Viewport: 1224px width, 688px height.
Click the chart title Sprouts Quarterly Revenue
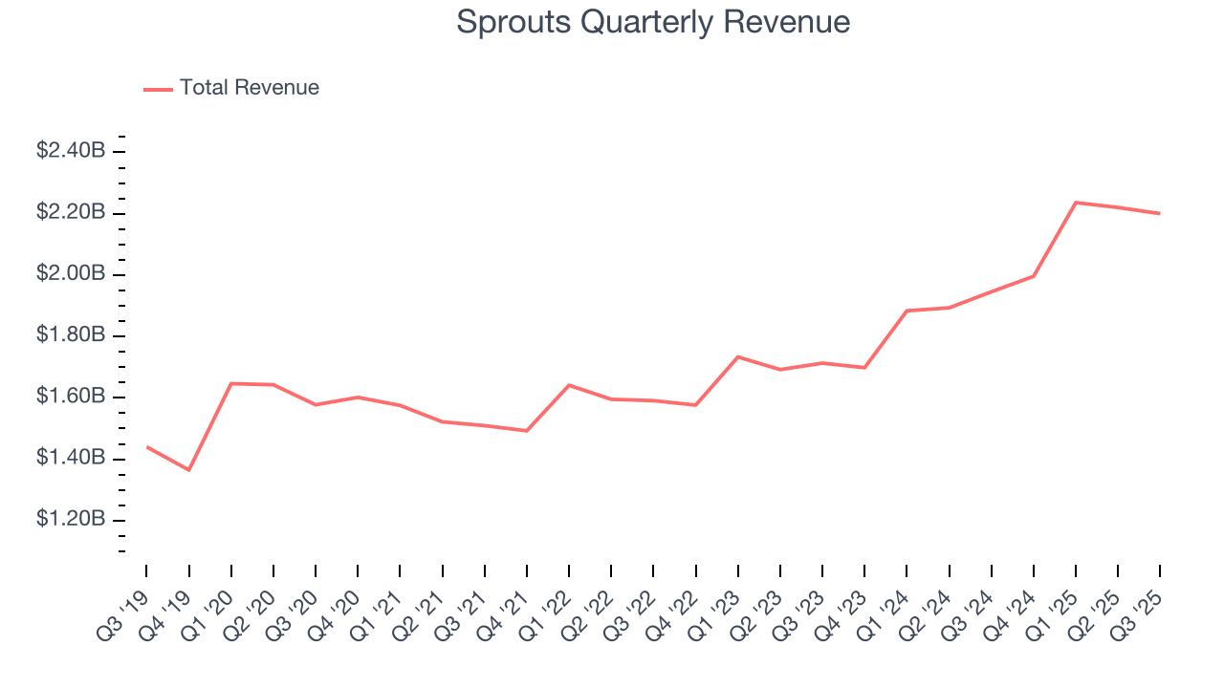coord(653,22)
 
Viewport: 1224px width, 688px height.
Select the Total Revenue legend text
coord(249,88)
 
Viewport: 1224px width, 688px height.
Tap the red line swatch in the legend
coord(158,89)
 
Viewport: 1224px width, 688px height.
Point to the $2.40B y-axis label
coord(71,151)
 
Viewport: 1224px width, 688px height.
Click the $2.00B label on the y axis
coord(71,274)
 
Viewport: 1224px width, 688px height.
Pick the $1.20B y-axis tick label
coord(71,520)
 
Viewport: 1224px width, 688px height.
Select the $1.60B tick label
coord(71,397)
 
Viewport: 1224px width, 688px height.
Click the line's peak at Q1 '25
coord(1076,203)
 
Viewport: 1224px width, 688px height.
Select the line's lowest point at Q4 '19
coord(188,470)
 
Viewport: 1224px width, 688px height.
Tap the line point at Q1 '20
coord(231,383)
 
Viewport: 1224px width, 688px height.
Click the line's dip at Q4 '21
coord(527,431)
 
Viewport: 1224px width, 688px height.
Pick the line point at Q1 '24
coord(907,311)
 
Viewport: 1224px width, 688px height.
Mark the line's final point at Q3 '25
coord(1160,213)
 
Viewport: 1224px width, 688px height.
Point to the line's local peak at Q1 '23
coord(737,356)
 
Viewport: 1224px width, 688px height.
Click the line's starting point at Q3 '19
coord(147,446)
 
